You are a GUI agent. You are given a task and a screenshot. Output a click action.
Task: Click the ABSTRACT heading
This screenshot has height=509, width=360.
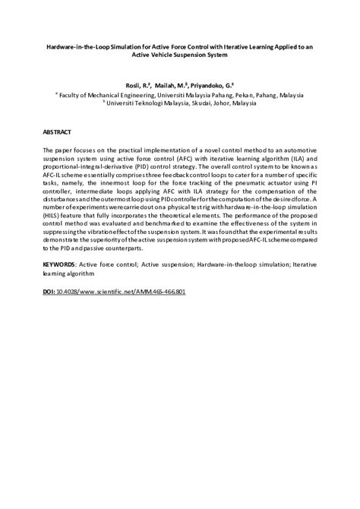(x=58, y=130)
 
